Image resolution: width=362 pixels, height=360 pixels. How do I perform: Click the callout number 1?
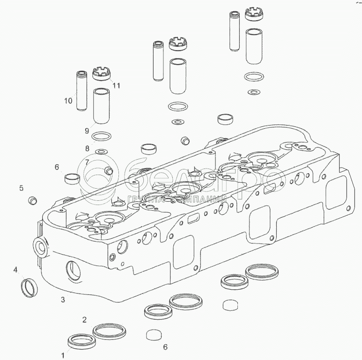[63, 355]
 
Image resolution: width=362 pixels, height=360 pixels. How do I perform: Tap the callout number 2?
[84, 320]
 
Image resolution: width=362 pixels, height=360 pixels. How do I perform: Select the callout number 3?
[63, 300]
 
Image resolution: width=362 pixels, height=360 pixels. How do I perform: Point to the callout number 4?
[15, 270]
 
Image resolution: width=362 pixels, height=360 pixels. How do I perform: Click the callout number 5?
[21, 188]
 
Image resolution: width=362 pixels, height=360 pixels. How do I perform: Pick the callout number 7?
[87, 162]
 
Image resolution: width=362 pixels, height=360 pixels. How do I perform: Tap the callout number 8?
[87, 148]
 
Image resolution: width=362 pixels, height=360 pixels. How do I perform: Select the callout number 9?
[87, 131]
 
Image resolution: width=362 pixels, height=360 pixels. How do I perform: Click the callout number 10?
[68, 101]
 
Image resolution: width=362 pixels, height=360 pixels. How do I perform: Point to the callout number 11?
[116, 86]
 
